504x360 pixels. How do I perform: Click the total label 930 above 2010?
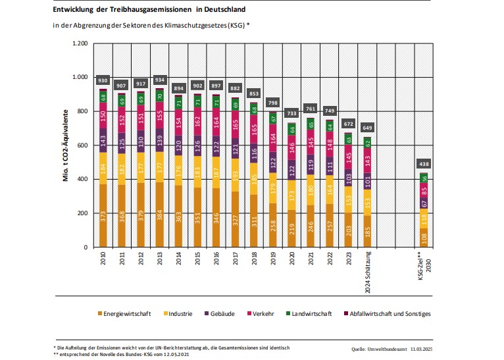point(103,80)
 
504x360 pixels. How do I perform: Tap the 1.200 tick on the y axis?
point(79,43)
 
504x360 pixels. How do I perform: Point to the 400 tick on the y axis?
point(82,179)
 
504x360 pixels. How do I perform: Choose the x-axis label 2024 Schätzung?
point(368,265)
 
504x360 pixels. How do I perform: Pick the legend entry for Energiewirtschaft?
point(126,314)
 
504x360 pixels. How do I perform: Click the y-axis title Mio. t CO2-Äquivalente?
point(67,145)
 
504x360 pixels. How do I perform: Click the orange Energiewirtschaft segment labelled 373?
point(103,215)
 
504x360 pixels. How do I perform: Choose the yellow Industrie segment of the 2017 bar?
point(236,174)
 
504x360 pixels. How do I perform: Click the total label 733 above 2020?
point(291,113)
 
